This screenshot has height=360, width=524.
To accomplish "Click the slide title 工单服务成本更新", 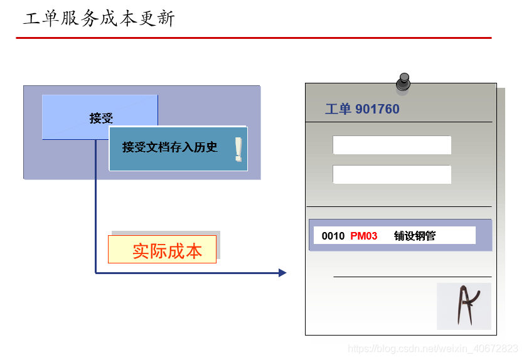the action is (x=99, y=18).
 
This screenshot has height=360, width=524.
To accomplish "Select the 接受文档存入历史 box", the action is (x=170, y=148).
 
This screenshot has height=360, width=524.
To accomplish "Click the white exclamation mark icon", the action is (x=238, y=149).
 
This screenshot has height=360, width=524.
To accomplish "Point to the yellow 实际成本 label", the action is (x=163, y=250).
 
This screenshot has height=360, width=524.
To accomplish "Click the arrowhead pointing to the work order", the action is (x=282, y=273).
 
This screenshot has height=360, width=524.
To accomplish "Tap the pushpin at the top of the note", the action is (x=403, y=82).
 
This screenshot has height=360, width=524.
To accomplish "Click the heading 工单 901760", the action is (x=362, y=109).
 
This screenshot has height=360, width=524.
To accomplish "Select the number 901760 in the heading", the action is (x=377, y=109).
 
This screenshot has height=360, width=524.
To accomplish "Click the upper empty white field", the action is (x=392, y=145).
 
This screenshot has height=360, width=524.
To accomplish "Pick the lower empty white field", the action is (x=392, y=174).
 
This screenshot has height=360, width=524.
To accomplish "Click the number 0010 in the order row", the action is (x=333, y=236).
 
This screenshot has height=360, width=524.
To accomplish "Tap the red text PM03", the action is (x=364, y=236).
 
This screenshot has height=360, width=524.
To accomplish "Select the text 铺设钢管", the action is (x=415, y=236).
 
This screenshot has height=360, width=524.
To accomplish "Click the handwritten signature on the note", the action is (x=464, y=305).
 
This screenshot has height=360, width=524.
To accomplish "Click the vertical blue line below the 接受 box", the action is (x=95, y=207).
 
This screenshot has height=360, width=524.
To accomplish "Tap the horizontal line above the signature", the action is (x=412, y=277).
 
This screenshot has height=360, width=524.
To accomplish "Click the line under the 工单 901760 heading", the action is (x=399, y=122).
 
